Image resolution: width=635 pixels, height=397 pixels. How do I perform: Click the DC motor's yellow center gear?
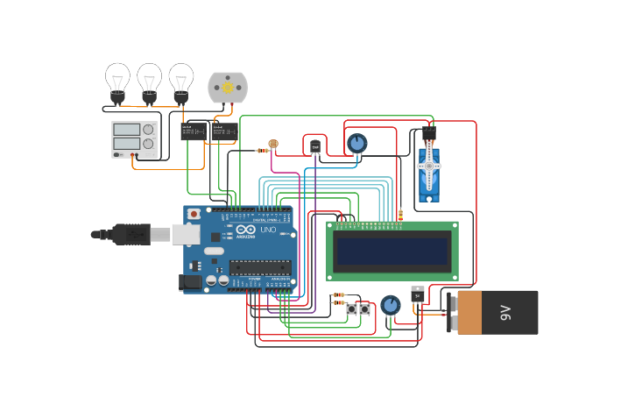tap(228, 87)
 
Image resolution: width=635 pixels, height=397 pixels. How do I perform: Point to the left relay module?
tap(193, 131)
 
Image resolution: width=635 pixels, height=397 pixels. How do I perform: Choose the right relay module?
tap(223, 131)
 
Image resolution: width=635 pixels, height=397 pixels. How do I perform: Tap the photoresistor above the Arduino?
tap(273, 143)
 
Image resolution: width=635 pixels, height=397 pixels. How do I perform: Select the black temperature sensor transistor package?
tap(315, 146)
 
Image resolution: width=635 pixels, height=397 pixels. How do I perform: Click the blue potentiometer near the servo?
tap(356, 143)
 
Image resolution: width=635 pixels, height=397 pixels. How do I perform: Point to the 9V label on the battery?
tap(505, 312)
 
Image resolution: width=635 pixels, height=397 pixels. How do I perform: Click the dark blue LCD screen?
tap(392, 251)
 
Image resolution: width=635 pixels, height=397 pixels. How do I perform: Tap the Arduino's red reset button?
tap(194, 214)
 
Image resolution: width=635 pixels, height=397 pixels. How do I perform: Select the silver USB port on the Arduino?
tap(186, 234)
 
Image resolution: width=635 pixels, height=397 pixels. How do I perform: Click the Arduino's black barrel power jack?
tap(189, 281)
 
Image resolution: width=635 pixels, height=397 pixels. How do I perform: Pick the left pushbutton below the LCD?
tap(351, 309)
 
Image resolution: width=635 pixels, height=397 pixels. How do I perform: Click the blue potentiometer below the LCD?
tap(391, 305)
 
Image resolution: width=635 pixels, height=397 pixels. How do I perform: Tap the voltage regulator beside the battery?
tap(418, 294)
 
